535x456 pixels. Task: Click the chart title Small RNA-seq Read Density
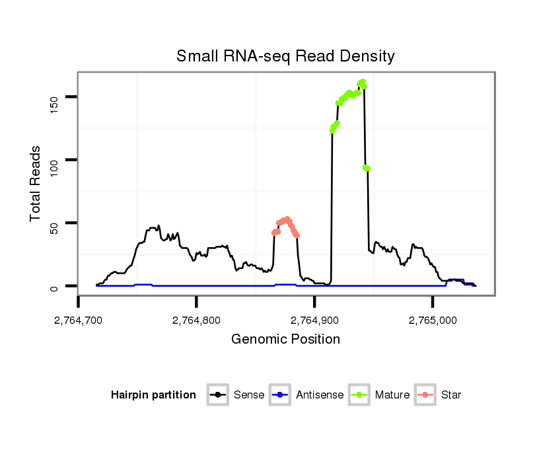coord(285,56)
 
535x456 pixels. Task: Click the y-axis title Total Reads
coord(36,184)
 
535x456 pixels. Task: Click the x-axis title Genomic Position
coord(285,340)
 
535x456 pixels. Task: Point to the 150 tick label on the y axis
coord(54,97)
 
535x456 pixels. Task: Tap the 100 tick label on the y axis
coord(54,160)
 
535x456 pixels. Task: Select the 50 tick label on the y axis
coord(54,223)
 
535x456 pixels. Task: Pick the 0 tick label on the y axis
coord(54,287)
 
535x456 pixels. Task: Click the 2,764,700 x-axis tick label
coord(78,321)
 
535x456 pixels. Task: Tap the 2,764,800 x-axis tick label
coord(196,321)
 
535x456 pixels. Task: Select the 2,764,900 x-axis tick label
coord(314,321)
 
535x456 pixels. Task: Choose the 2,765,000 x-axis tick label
coord(433,321)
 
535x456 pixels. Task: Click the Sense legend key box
coord(217,395)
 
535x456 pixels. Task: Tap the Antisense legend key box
coord(280,395)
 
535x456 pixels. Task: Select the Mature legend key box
coord(359,395)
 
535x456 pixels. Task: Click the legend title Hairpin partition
coord(153,395)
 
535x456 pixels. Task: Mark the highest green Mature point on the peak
coord(363,81)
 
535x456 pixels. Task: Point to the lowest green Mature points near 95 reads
coord(367,169)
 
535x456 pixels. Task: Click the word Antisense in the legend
coord(320,395)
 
